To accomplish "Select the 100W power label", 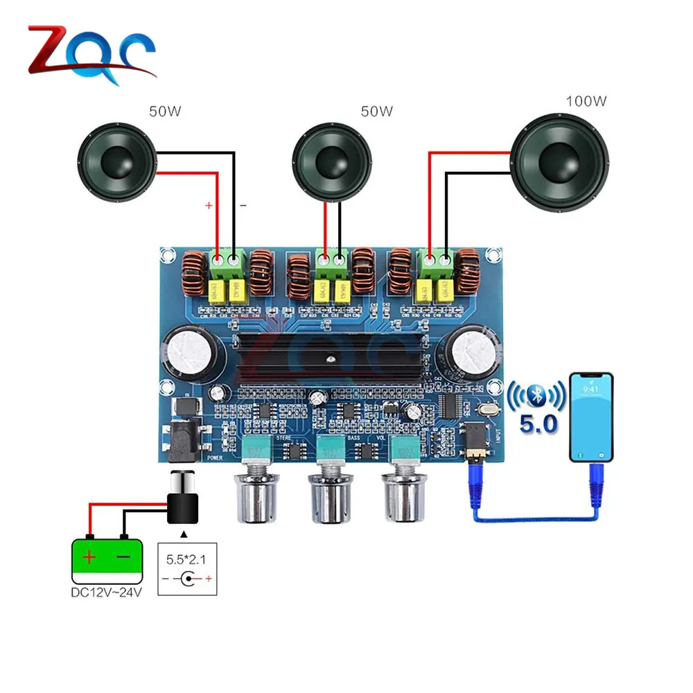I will (x=586, y=101).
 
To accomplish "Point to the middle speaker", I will (x=331, y=161).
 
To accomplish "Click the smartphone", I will (x=591, y=416).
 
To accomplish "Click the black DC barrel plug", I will (x=184, y=499).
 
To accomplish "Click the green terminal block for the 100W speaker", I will (x=437, y=263).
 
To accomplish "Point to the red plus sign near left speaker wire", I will (x=207, y=207).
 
